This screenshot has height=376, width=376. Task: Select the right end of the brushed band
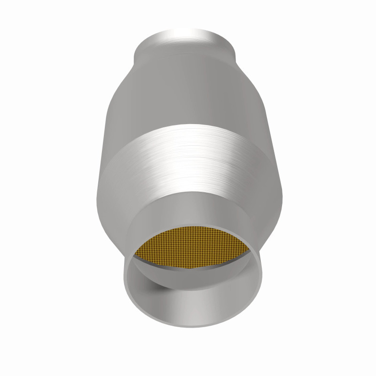pos(275,174)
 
